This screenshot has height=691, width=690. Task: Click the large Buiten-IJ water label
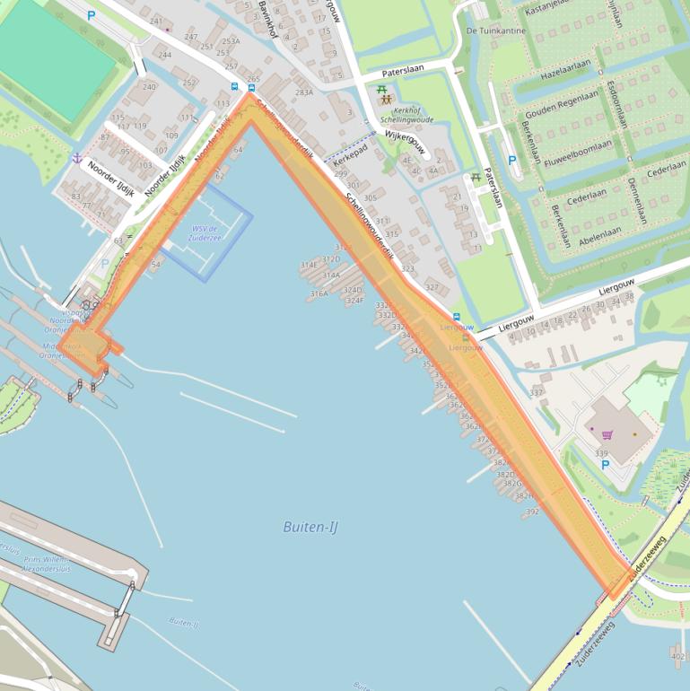click(310, 527)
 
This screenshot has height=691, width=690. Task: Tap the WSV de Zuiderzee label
click(205, 232)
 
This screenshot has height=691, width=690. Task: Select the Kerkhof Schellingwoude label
click(406, 113)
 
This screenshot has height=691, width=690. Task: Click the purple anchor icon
click(77, 158)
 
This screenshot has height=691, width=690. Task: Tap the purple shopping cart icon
click(607, 435)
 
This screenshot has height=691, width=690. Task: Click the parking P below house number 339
click(604, 465)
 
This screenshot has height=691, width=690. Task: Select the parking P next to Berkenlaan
click(512, 161)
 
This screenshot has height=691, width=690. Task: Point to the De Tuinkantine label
click(496, 31)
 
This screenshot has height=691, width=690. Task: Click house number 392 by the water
click(532, 512)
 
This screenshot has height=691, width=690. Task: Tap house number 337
click(537, 392)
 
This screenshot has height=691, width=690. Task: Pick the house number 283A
click(304, 92)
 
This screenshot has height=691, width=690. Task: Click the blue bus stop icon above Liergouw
click(457, 317)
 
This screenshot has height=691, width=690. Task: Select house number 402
click(677, 656)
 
